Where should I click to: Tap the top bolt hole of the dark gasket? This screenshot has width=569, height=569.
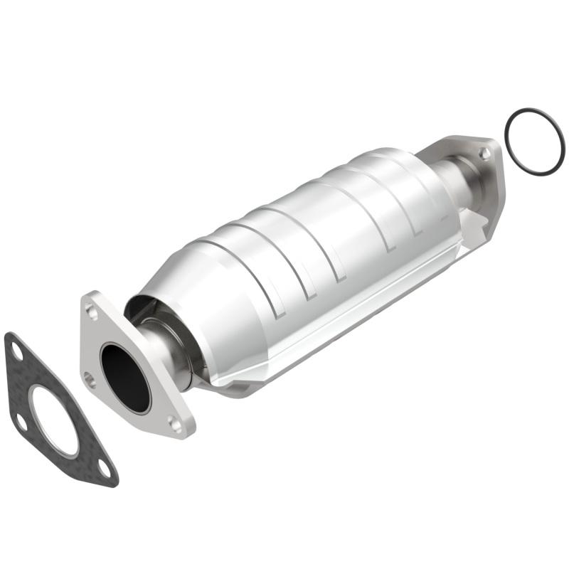click(17, 348)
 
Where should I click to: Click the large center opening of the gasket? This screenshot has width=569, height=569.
click(55, 420)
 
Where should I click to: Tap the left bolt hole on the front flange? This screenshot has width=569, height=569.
click(89, 379)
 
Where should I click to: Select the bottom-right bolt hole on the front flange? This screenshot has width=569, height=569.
click(174, 424)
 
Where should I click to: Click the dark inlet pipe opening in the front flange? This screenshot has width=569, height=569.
click(125, 377)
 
